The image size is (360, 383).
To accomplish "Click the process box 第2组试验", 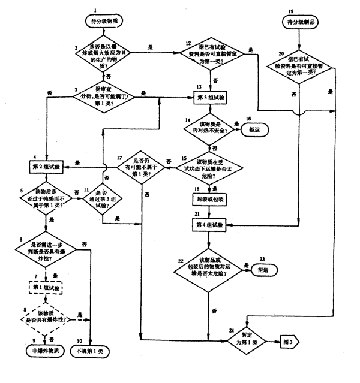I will coord(45,163).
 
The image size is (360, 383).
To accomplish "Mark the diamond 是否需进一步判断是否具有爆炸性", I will coord(46,249).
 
